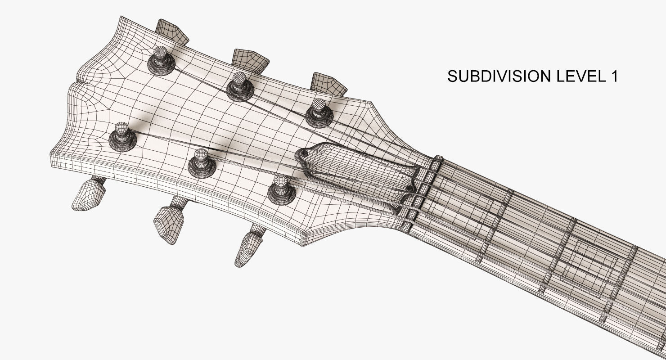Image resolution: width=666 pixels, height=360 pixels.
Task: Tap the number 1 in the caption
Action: pos(614,76)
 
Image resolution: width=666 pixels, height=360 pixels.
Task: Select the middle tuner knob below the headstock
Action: pos(169,223)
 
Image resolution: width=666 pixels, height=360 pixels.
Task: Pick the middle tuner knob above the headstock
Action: pos(251,59)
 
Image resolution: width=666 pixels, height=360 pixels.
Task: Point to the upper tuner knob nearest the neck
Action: pos(328,83)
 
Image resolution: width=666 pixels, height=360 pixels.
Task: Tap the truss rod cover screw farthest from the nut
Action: pos(304,154)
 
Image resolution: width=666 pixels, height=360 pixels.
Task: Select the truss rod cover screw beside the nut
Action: pos(409,188)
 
